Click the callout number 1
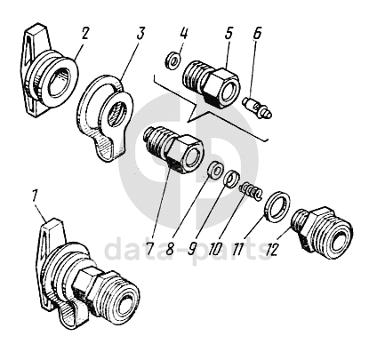(36, 196)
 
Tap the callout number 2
(84, 34)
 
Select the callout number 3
(140, 34)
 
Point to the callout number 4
(183, 33)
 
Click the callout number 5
(229, 33)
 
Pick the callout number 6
(257, 33)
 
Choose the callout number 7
(150, 249)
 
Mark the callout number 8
(170, 249)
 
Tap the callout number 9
(191, 249)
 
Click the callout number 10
(214, 250)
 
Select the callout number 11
(238, 250)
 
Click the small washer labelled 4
(172, 60)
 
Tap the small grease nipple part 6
(256, 108)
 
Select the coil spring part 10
(251, 191)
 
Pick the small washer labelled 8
(216, 170)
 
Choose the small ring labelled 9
(232, 179)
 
